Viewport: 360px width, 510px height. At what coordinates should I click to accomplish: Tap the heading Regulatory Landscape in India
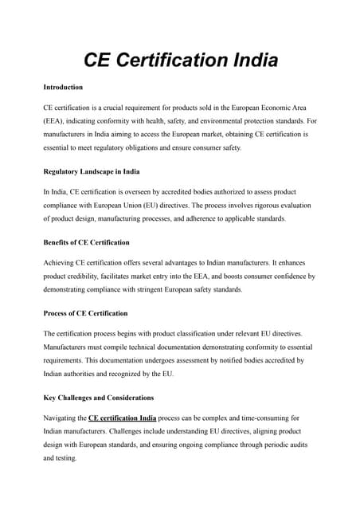tap(92, 171)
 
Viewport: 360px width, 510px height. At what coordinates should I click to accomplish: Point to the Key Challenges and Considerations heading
tap(99, 398)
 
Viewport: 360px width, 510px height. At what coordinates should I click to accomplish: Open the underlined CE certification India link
tap(122, 418)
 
